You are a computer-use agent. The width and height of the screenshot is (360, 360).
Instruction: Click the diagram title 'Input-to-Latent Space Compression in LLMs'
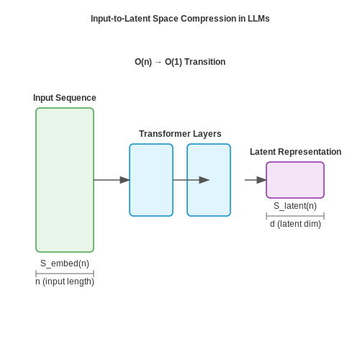tap(180, 19)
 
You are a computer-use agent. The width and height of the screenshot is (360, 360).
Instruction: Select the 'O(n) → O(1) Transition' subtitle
tap(180, 62)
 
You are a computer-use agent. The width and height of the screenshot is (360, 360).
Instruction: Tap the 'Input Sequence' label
tap(65, 98)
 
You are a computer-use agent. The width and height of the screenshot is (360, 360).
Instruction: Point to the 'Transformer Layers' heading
tap(180, 134)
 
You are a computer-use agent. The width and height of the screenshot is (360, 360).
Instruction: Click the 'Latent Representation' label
tap(295, 152)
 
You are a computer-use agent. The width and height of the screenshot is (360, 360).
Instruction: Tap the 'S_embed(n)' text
tap(65, 264)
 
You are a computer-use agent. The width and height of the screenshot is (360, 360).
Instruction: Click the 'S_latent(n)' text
tap(295, 206)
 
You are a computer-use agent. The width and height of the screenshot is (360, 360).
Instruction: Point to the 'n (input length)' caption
tap(65, 282)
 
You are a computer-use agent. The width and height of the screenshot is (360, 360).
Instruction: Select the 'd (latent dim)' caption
tap(295, 224)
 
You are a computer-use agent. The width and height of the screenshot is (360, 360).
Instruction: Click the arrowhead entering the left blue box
tap(125, 180)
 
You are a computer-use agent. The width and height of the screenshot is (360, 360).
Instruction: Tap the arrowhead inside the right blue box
tap(204, 180)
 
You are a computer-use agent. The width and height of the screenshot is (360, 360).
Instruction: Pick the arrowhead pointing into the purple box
tap(261, 180)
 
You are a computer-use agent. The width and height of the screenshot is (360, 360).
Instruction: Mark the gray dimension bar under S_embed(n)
tap(65, 274)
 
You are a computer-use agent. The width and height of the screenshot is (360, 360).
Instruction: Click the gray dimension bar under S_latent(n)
tap(295, 216)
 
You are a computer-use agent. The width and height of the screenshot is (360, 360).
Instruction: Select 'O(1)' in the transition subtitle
tap(174, 62)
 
